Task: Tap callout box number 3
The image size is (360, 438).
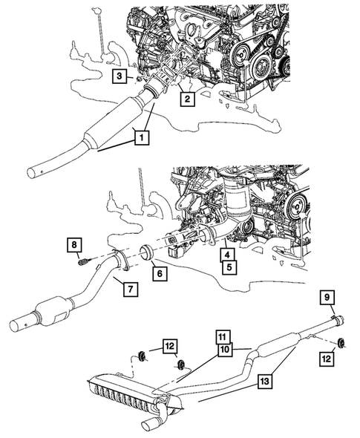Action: [x=120, y=76]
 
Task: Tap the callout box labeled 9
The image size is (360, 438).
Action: [x=327, y=298]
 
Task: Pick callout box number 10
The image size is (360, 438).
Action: [x=225, y=347]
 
